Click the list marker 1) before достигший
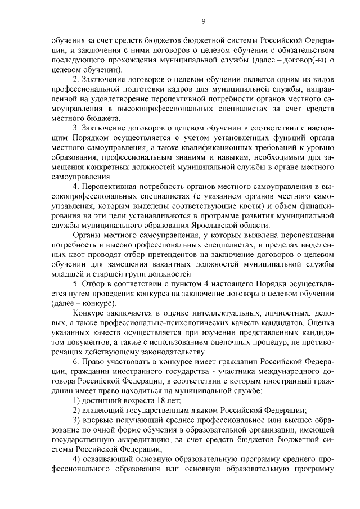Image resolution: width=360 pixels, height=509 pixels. pyautogui.click(x=77, y=400)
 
